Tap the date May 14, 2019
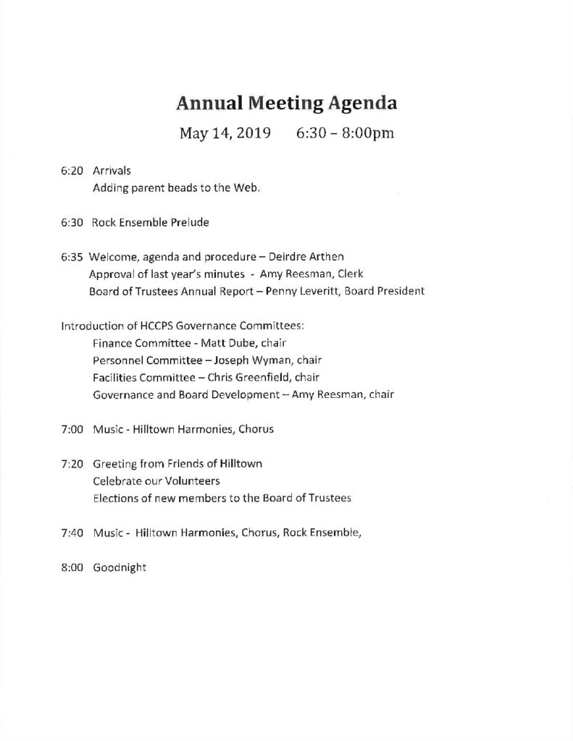click(225, 134)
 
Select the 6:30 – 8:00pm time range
click(345, 134)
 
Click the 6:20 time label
click(72, 171)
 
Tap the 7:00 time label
click(73, 429)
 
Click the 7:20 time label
click(73, 464)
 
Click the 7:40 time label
click(73, 533)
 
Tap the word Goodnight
click(119, 568)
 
